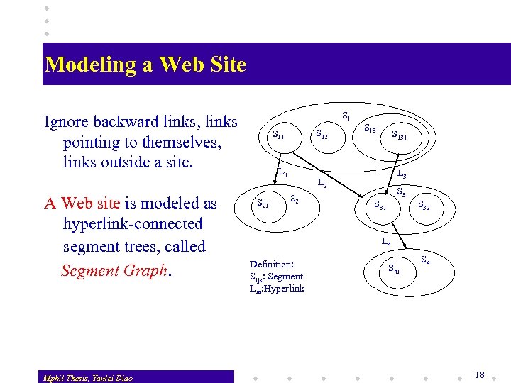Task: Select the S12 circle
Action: pos(321,133)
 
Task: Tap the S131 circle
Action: pos(398,135)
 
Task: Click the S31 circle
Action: pos(380,206)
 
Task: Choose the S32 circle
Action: pos(424,206)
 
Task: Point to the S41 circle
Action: pos(391,269)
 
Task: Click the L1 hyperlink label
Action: pos(282,172)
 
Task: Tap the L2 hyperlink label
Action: pos(322,184)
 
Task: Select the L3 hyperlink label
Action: pos(402,173)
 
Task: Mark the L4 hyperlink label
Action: pos(386,241)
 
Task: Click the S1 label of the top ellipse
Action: pos(346,115)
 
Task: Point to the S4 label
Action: pos(426,260)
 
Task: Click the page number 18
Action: pos(480,374)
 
